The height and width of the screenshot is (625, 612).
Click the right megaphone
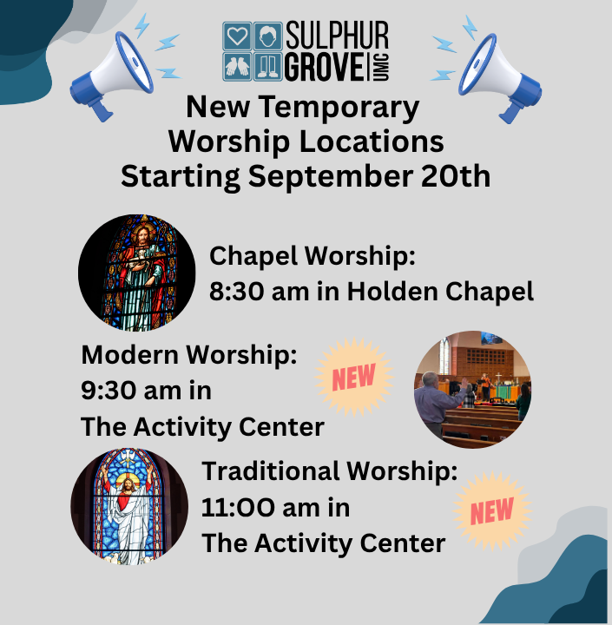500,78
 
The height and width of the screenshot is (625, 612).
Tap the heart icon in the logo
237,36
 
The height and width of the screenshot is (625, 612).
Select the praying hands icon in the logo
237,67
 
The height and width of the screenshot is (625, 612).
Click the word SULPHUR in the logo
337,35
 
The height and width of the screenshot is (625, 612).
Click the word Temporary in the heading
339,109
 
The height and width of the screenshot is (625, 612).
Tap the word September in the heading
331,177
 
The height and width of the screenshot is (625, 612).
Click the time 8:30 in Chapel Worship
235,292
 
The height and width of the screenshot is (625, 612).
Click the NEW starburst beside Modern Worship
354,377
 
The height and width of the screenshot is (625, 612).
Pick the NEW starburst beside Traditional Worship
492,511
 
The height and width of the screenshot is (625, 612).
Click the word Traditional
271,471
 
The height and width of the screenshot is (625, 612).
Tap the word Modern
129,355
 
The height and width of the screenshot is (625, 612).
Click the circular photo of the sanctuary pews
473,390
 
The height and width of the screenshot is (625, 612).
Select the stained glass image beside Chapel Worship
137,273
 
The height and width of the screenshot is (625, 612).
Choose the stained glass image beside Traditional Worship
129,506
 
